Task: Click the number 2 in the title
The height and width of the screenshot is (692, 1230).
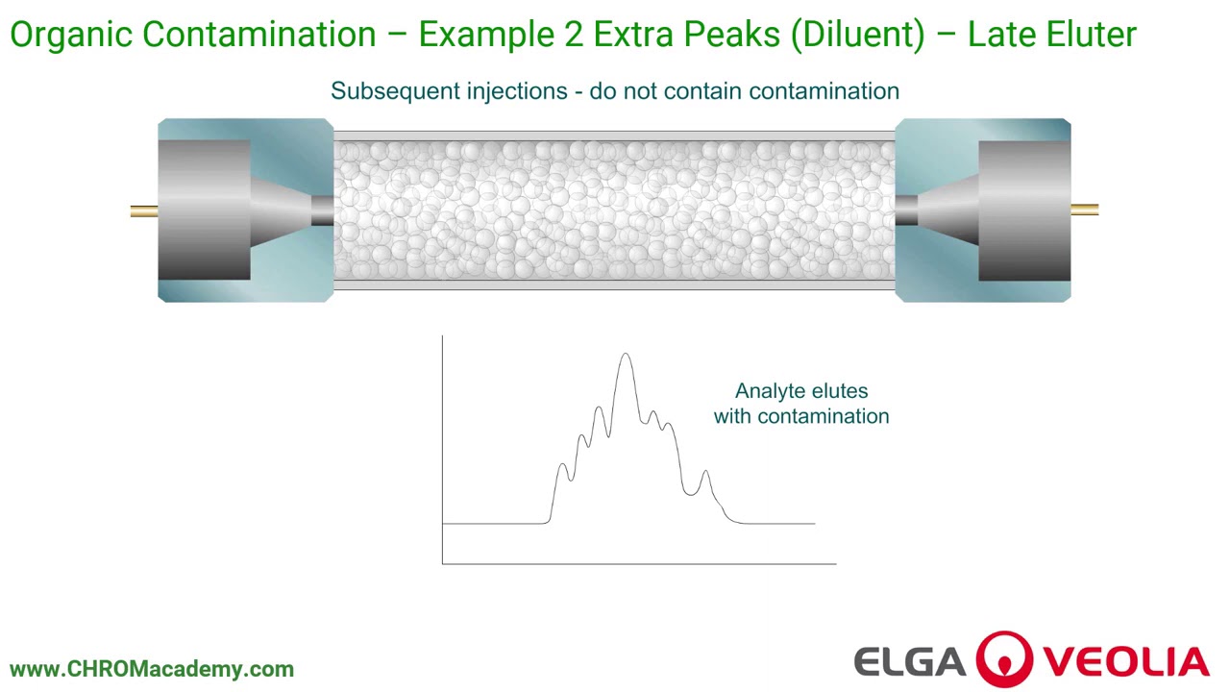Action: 572,36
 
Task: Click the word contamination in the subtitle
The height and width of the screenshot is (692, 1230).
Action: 824,91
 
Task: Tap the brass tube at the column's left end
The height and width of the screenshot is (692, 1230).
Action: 144,210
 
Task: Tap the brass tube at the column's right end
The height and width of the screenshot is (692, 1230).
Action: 1084,210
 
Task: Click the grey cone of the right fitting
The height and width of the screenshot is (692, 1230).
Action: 947,210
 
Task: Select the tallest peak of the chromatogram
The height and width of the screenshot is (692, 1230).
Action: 626,358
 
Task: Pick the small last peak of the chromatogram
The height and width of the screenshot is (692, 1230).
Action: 706,473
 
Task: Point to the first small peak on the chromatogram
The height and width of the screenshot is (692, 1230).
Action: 563,467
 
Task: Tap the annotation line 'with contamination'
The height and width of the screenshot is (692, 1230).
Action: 800,416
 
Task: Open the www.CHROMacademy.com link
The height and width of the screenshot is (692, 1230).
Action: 152,669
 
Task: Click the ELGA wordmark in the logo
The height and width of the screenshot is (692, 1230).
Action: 909,662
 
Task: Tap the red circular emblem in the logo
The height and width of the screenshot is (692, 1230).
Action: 1005,660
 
